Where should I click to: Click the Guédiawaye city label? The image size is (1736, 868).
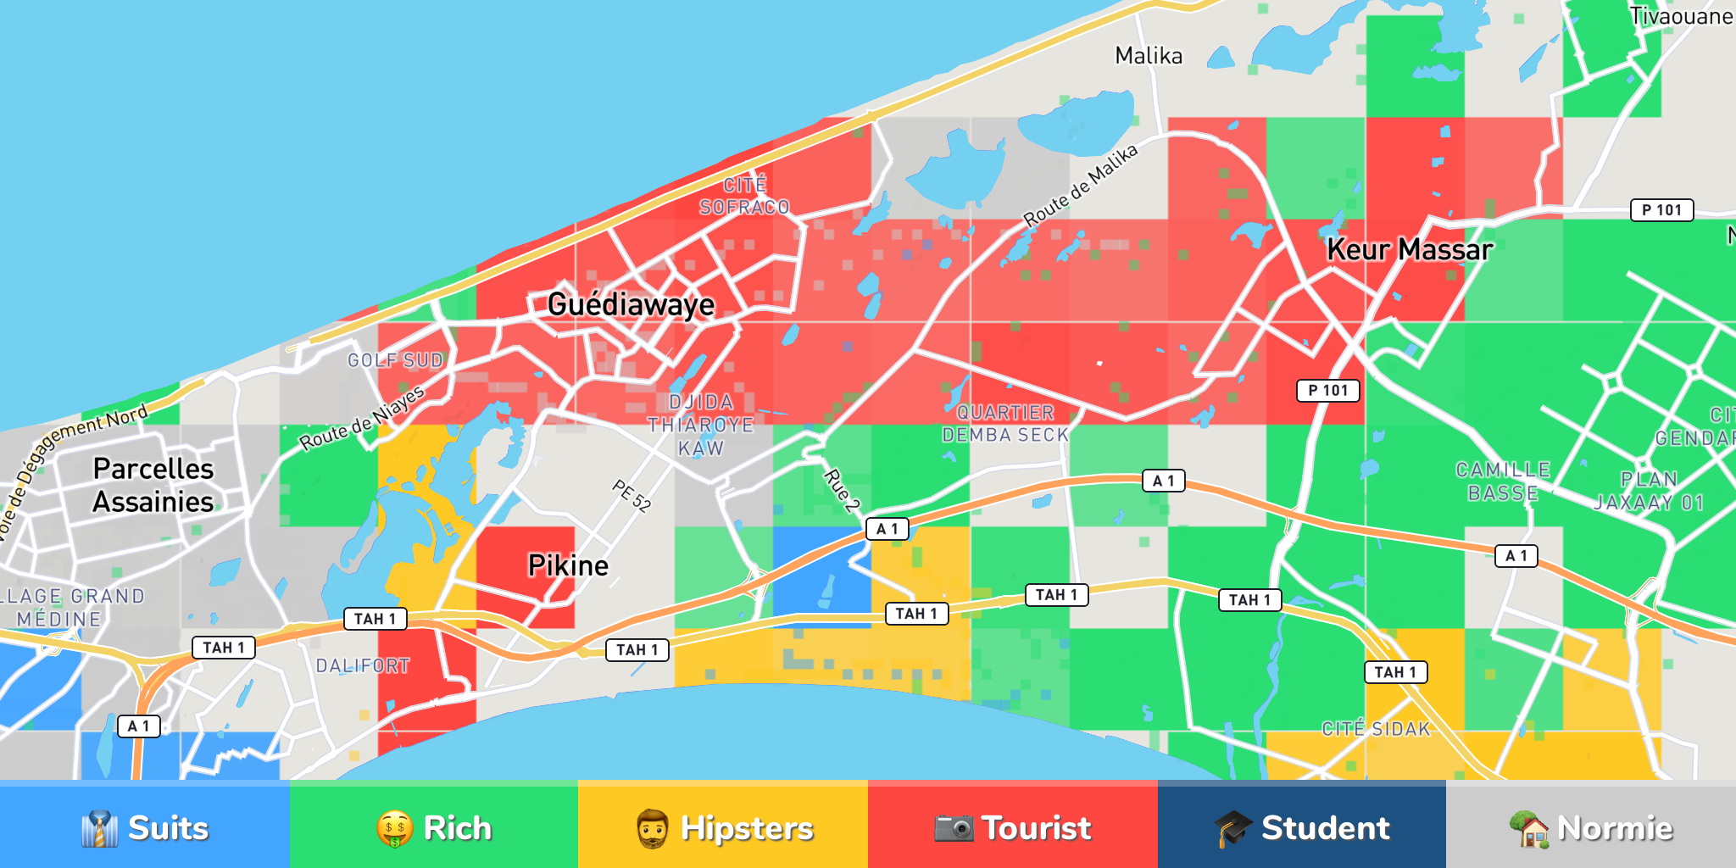pos(631,304)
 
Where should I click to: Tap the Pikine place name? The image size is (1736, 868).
pos(568,565)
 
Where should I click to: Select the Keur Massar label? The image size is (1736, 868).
pos(1409,249)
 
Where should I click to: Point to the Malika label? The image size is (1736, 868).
pos(1149,56)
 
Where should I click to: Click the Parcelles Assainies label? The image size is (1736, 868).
pos(153,485)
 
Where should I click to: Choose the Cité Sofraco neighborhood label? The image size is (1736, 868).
pos(744,196)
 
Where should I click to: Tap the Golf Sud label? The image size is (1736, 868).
pos(395,360)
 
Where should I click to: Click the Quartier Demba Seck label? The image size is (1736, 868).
pos(1005,424)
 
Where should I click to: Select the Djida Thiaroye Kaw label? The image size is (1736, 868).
pos(700,425)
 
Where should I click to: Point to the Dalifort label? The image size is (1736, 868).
pos(363,666)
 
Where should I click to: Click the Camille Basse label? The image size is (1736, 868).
pos(1503,481)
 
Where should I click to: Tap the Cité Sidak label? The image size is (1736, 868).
pos(1376,729)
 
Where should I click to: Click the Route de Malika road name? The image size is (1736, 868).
pos(1081,186)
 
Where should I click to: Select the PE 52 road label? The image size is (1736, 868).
pos(632,496)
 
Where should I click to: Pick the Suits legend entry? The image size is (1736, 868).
pos(145,828)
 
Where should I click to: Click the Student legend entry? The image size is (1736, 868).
pos(1302,828)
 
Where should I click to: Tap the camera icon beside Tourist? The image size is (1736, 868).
pos(954,828)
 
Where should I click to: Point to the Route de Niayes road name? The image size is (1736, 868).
pos(362,419)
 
